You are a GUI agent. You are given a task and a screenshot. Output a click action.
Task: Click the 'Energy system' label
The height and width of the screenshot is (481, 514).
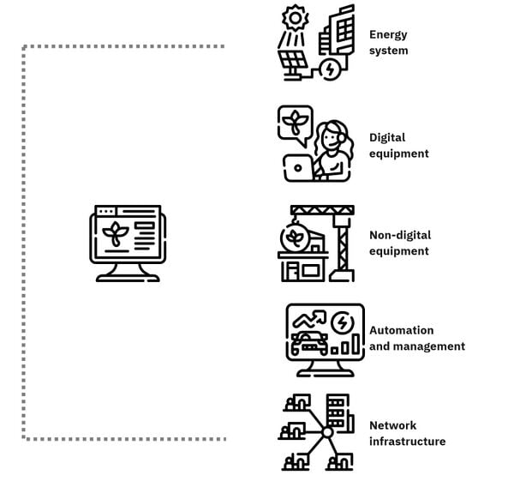pos(388,43)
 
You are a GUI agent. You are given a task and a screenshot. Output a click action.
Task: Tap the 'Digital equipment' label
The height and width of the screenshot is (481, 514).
pos(399,146)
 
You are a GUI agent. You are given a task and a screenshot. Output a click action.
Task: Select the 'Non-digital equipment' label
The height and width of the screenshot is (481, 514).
pos(400,244)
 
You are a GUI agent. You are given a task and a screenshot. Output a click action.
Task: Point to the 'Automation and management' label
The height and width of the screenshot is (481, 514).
pos(417,339)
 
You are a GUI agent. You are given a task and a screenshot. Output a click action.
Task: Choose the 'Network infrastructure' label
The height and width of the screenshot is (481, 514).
pos(408,434)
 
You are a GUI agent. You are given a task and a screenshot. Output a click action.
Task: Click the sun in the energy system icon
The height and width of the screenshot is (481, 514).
pos(296,18)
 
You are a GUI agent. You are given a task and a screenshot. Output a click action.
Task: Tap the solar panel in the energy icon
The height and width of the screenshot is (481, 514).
pos(292,60)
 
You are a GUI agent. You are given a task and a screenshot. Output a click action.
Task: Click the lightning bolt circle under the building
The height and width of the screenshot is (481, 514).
pos(330,69)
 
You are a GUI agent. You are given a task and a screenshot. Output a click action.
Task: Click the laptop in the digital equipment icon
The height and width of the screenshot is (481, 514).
pos(297,168)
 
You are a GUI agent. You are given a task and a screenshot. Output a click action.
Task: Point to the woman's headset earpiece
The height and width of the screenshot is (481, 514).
pos(341,138)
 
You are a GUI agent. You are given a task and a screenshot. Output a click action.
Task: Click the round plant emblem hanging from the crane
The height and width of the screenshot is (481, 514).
pos(294,237)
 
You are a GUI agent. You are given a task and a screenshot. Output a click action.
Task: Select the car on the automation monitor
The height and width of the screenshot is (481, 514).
pos(309,343)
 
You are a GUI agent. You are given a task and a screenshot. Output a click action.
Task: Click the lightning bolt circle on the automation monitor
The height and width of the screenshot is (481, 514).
pos(342,323)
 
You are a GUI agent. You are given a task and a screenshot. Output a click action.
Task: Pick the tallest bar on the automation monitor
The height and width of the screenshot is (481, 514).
pos(356,344)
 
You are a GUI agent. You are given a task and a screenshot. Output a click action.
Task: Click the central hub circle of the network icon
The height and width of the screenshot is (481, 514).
pos(327,432)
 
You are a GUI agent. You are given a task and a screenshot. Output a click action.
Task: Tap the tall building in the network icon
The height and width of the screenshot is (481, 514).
pos(338,411)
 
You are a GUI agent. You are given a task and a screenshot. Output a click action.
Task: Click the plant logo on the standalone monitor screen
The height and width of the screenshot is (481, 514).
pos(116,233)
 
